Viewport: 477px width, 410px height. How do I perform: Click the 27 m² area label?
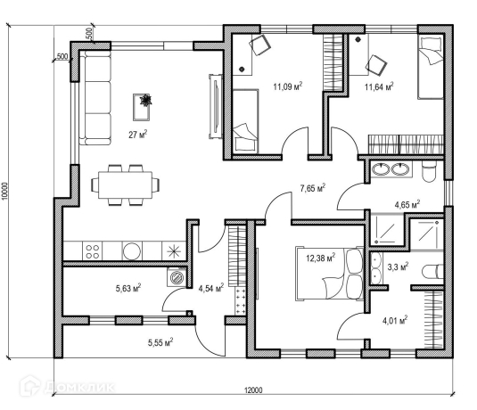(138, 134)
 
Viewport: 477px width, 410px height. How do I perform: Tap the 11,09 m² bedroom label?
(287, 86)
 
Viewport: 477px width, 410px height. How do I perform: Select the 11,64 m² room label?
(379, 86)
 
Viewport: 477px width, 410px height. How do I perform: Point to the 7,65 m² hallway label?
(313, 188)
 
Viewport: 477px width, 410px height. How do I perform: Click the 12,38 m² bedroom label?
(321, 258)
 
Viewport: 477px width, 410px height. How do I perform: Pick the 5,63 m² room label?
(128, 288)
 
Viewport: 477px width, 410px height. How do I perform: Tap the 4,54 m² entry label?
(211, 288)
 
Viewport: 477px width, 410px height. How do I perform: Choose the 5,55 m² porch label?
(160, 342)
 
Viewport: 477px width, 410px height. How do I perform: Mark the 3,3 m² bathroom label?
(398, 266)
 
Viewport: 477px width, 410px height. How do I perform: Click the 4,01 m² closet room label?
(395, 320)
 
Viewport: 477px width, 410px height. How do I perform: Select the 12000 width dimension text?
(253, 389)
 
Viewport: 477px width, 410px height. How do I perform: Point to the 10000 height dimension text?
(4, 192)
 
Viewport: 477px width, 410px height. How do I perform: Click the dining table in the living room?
(125, 184)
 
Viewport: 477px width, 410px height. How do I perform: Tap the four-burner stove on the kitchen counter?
(92, 251)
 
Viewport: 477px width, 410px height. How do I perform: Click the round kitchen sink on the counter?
(132, 251)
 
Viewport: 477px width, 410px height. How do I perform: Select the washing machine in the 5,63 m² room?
(177, 277)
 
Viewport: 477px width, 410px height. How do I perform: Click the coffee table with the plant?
(142, 107)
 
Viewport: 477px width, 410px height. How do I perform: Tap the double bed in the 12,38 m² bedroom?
(330, 274)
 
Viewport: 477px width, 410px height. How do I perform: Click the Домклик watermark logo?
(67, 387)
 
